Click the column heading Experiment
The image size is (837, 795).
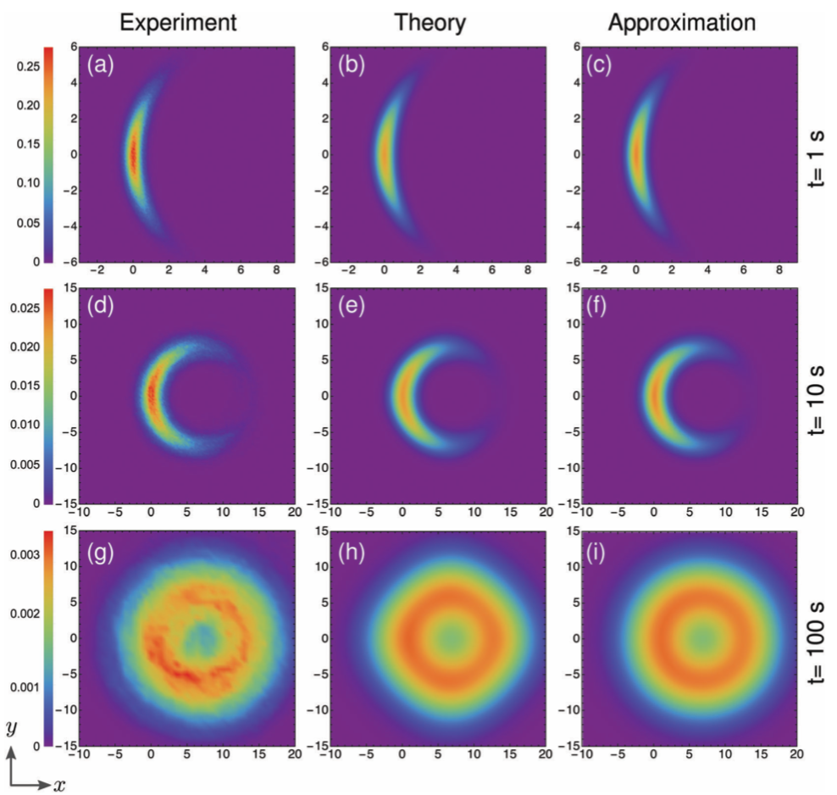click(x=177, y=23)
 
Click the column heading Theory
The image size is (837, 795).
click(x=430, y=23)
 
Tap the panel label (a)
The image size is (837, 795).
click(x=101, y=63)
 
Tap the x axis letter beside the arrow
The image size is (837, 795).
click(x=58, y=785)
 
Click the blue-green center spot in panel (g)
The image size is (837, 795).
click(x=203, y=634)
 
